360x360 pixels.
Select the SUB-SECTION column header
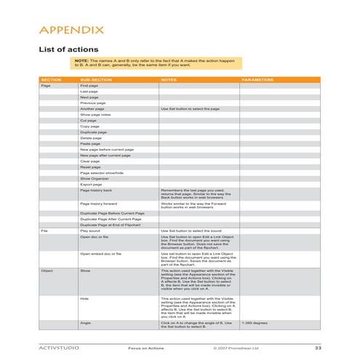click(95, 79)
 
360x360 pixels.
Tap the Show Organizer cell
click(95, 178)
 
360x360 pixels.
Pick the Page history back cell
click(96, 190)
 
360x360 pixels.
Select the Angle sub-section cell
click(85, 321)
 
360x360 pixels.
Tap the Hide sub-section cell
click(84, 297)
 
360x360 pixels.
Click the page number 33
click(317, 348)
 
